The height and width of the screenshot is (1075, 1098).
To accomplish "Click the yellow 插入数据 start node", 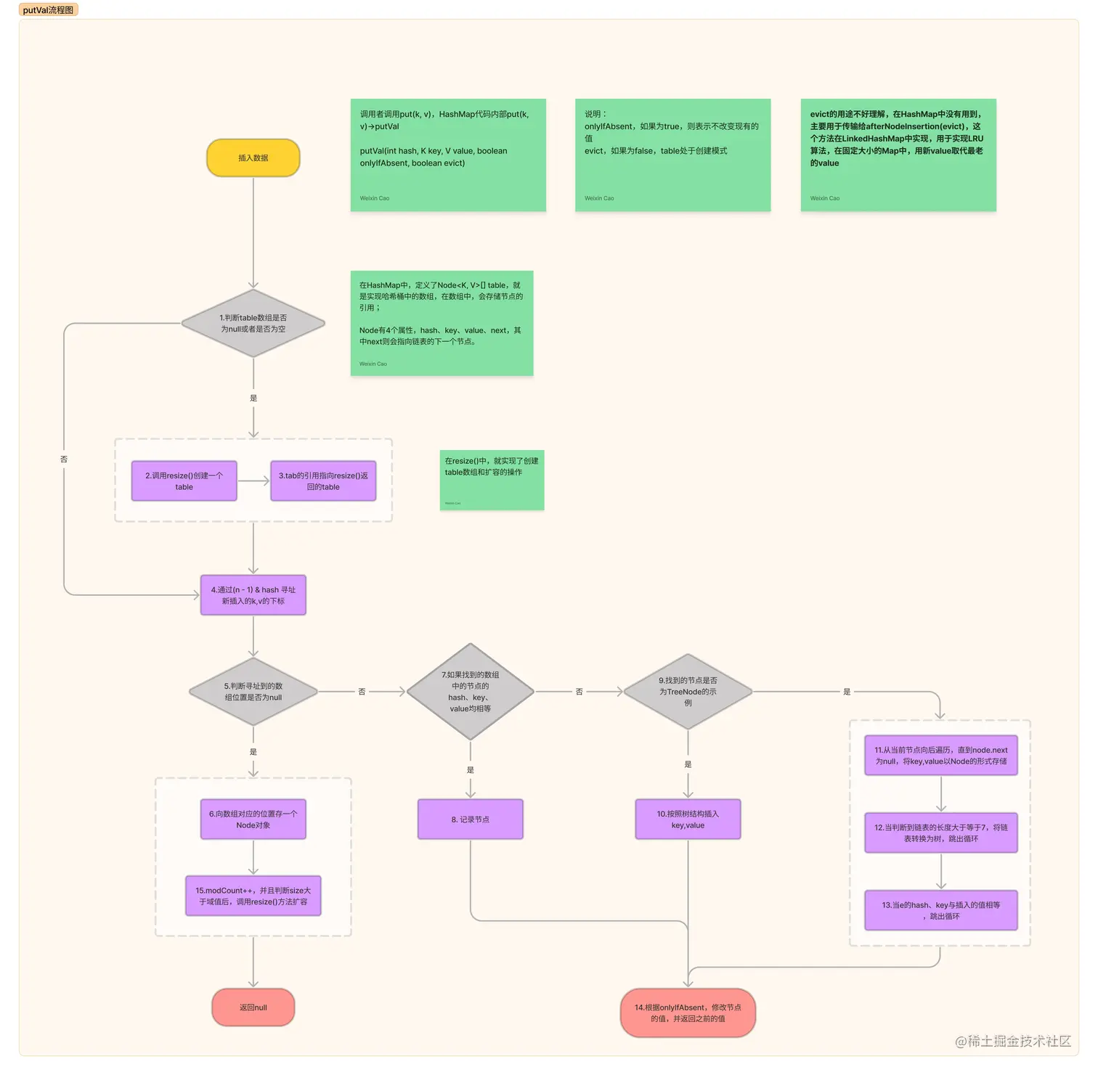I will pyautogui.click(x=253, y=158).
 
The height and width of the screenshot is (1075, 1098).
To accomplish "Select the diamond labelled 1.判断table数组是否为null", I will pyautogui.click(x=253, y=324).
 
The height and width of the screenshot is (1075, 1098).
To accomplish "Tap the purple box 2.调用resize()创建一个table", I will pyautogui.click(x=184, y=481).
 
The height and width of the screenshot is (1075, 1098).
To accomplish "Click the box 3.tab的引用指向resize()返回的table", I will pyautogui.click(x=323, y=481).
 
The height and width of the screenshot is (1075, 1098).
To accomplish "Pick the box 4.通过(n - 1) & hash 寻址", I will pyautogui.click(x=253, y=595).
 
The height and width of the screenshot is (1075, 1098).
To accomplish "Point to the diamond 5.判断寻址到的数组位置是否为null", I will pyautogui.click(x=253, y=692).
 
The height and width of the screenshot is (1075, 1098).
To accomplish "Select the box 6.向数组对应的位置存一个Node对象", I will pyautogui.click(x=253, y=819).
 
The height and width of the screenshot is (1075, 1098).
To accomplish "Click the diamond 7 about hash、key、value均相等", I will pyautogui.click(x=470, y=692).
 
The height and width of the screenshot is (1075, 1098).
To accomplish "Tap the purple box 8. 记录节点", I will pyautogui.click(x=470, y=819).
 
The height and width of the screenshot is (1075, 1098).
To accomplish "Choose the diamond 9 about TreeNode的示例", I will pyautogui.click(x=688, y=692).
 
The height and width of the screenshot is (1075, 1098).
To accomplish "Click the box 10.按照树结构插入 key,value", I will pyautogui.click(x=688, y=819).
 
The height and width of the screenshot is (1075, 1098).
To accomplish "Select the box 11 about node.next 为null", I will pyautogui.click(x=940, y=756).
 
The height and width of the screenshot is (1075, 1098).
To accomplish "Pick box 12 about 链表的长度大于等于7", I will pyautogui.click(x=940, y=833).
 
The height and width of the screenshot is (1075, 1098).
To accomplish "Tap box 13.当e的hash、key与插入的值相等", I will pyautogui.click(x=940, y=910).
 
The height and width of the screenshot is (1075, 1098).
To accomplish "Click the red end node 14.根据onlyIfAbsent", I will pyautogui.click(x=688, y=1013).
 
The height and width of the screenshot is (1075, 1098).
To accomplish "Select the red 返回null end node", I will pyautogui.click(x=253, y=1007).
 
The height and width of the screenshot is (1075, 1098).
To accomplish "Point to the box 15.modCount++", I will pyautogui.click(x=253, y=896).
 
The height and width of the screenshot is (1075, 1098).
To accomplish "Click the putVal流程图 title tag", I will pyautogui.click(x=48, y=10).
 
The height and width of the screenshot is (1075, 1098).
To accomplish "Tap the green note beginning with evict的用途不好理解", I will pyautogui.click(x=898, y=155).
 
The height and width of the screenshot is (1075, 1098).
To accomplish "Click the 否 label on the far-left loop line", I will pyautogui.click(x=64, y=459).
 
